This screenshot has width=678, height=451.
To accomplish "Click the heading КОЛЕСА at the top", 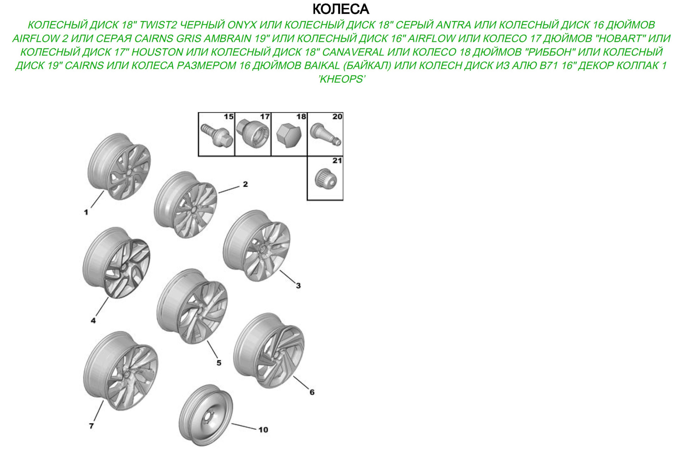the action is tap(341, 9).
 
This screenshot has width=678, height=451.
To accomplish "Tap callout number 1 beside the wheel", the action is tap(86, 212).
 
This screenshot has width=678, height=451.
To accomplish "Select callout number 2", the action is tap(245, 184).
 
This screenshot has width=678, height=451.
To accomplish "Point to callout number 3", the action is tap(298, 285).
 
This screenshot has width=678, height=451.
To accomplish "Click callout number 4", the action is tap(93, 320).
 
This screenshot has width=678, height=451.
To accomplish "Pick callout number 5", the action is tap(219, 363).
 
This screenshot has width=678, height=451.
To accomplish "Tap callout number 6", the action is tap(312, 392).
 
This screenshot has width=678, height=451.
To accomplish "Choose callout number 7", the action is tap(91, 426).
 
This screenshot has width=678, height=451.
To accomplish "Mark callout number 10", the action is tap(263, 429).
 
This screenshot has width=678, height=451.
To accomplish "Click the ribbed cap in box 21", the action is tap(326, 179).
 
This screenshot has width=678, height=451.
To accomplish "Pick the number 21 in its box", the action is tap(337, 161).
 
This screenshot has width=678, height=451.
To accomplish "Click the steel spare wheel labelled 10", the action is tap(206, 416).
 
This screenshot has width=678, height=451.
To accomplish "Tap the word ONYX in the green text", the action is tap(242, 25).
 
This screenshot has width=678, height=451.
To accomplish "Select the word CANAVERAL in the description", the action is tap(353, 52).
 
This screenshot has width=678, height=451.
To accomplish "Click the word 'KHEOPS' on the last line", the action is tap(341, 79).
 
